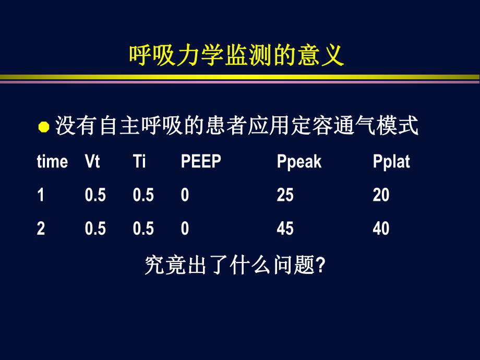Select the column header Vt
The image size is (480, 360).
coord(92,162)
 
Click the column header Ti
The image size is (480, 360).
coord(139,162)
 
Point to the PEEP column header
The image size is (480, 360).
coord(201,162)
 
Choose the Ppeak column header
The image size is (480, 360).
coord(299,162)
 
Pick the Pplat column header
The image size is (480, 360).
coord(391,162)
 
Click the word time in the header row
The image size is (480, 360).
coord(52,162)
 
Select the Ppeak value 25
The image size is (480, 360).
coord(285,195)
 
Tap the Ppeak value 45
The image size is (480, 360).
coord(285,229)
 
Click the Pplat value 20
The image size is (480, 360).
coord(381,195)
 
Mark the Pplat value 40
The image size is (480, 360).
coord(381,229)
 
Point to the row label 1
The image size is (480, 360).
coord(40,195)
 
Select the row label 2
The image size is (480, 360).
coord(41,229)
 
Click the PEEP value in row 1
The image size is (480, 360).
coord(185,195)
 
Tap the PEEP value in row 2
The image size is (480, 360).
coord(185,229)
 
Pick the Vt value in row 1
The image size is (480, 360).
coord(95,195)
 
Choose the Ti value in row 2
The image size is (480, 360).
coord(143,229)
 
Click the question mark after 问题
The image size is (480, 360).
coord(321,267)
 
